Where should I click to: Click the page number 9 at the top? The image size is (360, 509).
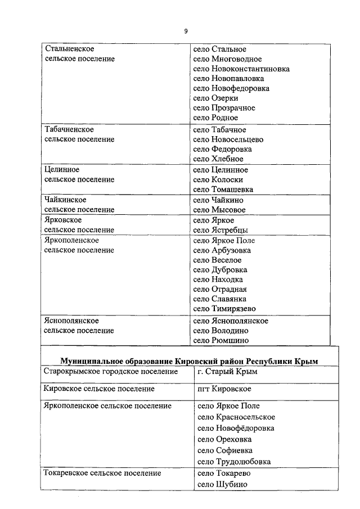(x=186, y=31)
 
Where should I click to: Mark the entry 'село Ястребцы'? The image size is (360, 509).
(x=220, y=230)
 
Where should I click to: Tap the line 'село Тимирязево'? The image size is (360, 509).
(x=224, y=309)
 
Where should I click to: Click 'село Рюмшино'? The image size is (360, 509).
(x=220, y=340)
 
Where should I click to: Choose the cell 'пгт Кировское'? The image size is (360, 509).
(x=224, y=389)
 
